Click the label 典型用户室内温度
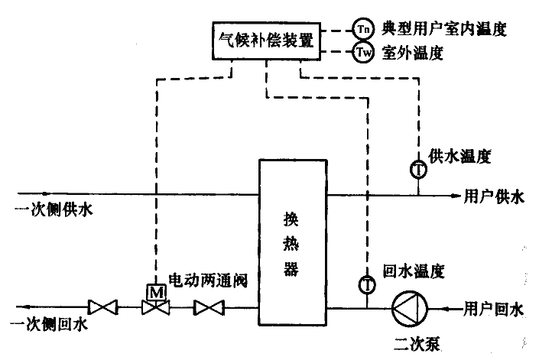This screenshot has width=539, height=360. click(444, 30)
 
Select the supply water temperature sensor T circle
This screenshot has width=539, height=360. click(418, 169)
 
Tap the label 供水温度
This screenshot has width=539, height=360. click(459, 157)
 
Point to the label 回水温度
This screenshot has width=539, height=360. click(413, 270)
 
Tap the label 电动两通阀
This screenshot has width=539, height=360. click(208, 281)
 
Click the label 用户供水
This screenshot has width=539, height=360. click(495, 196)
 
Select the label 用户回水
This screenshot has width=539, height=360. click(495, 309)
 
